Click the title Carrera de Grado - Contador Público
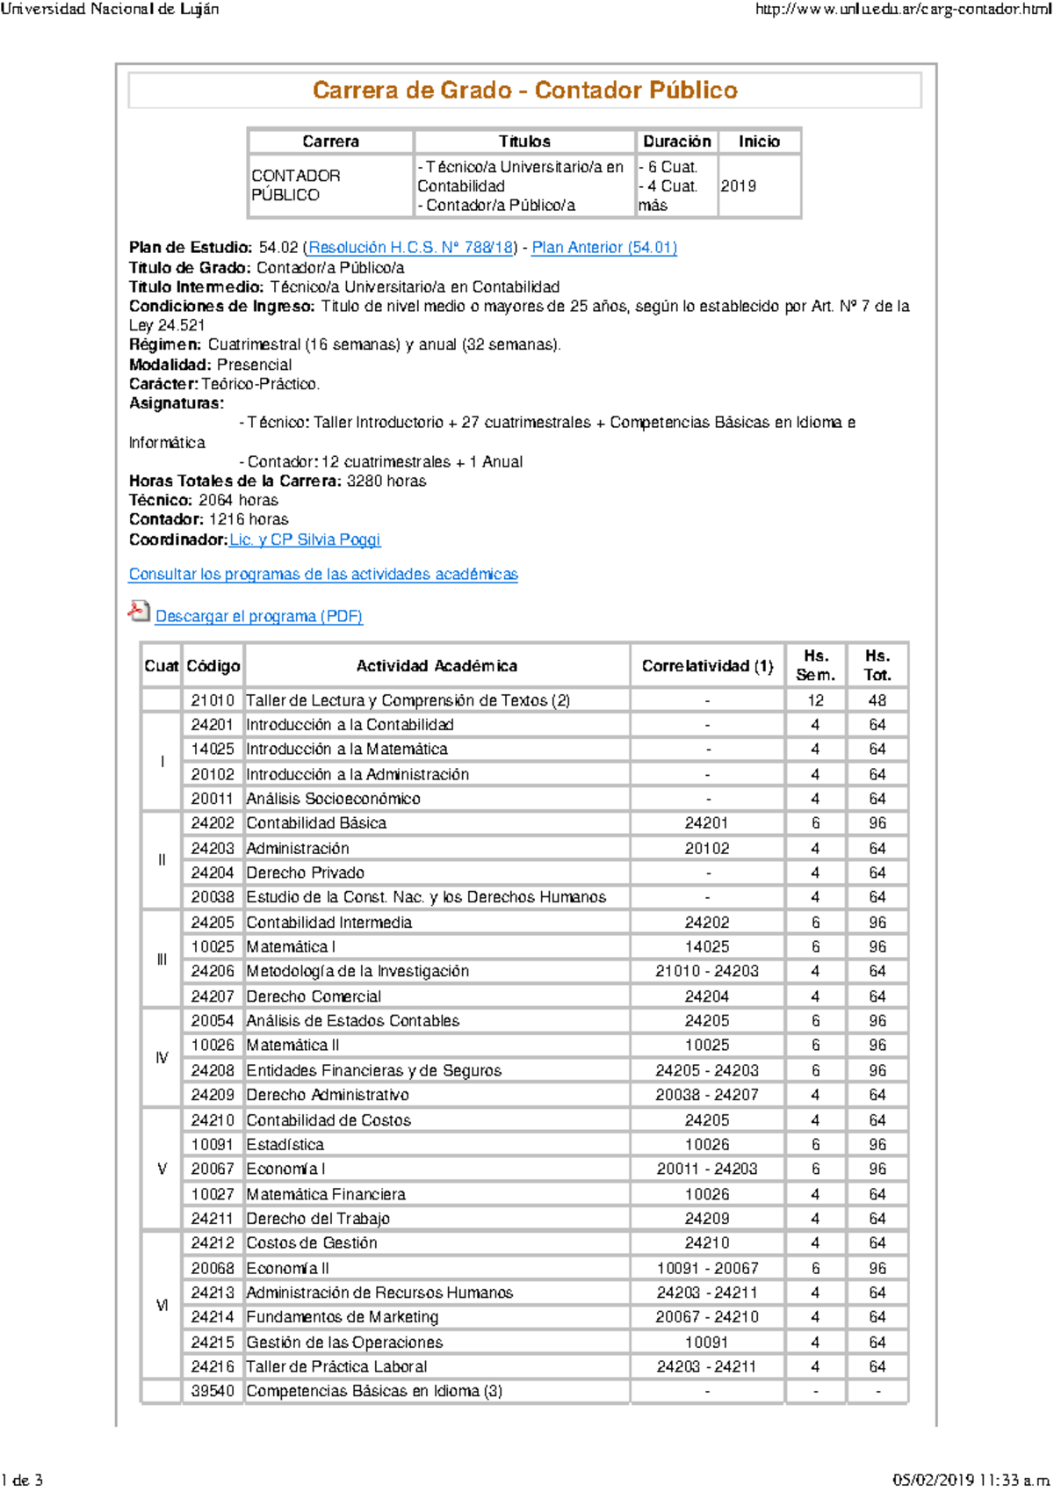524,91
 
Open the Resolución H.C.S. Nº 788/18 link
410,248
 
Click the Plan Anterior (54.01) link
604,248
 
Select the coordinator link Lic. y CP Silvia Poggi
305,540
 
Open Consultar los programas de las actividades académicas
323,575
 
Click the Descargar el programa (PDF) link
259,617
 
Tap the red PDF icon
139,612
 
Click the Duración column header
676,141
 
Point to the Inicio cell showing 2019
739,186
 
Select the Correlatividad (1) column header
707,666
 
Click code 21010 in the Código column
213,700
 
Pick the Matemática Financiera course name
326,1194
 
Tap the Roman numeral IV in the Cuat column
162,1058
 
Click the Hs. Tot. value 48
877,700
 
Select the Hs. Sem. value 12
815,700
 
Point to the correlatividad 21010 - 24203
707,971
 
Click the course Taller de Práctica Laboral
336,1366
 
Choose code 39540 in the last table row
213,1391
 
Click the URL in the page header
903,10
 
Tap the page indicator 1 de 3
22,1481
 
